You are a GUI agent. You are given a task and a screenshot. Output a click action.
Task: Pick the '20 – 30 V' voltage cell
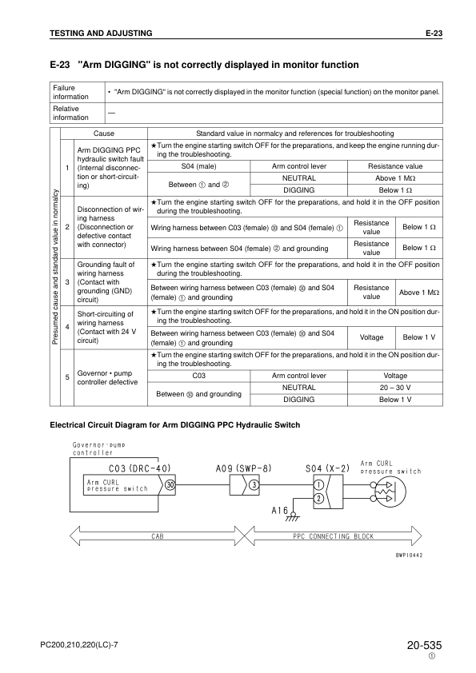(x=394, y=387)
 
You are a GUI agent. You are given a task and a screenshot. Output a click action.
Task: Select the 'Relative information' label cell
(x=70, y=113)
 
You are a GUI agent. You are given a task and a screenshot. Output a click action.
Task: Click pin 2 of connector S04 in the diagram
(x=318, y=498)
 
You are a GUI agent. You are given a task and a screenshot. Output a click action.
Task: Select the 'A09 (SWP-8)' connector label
(x=244, y=468)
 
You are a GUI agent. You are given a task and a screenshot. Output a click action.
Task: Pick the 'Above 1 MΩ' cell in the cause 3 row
(x=419, y=293)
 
